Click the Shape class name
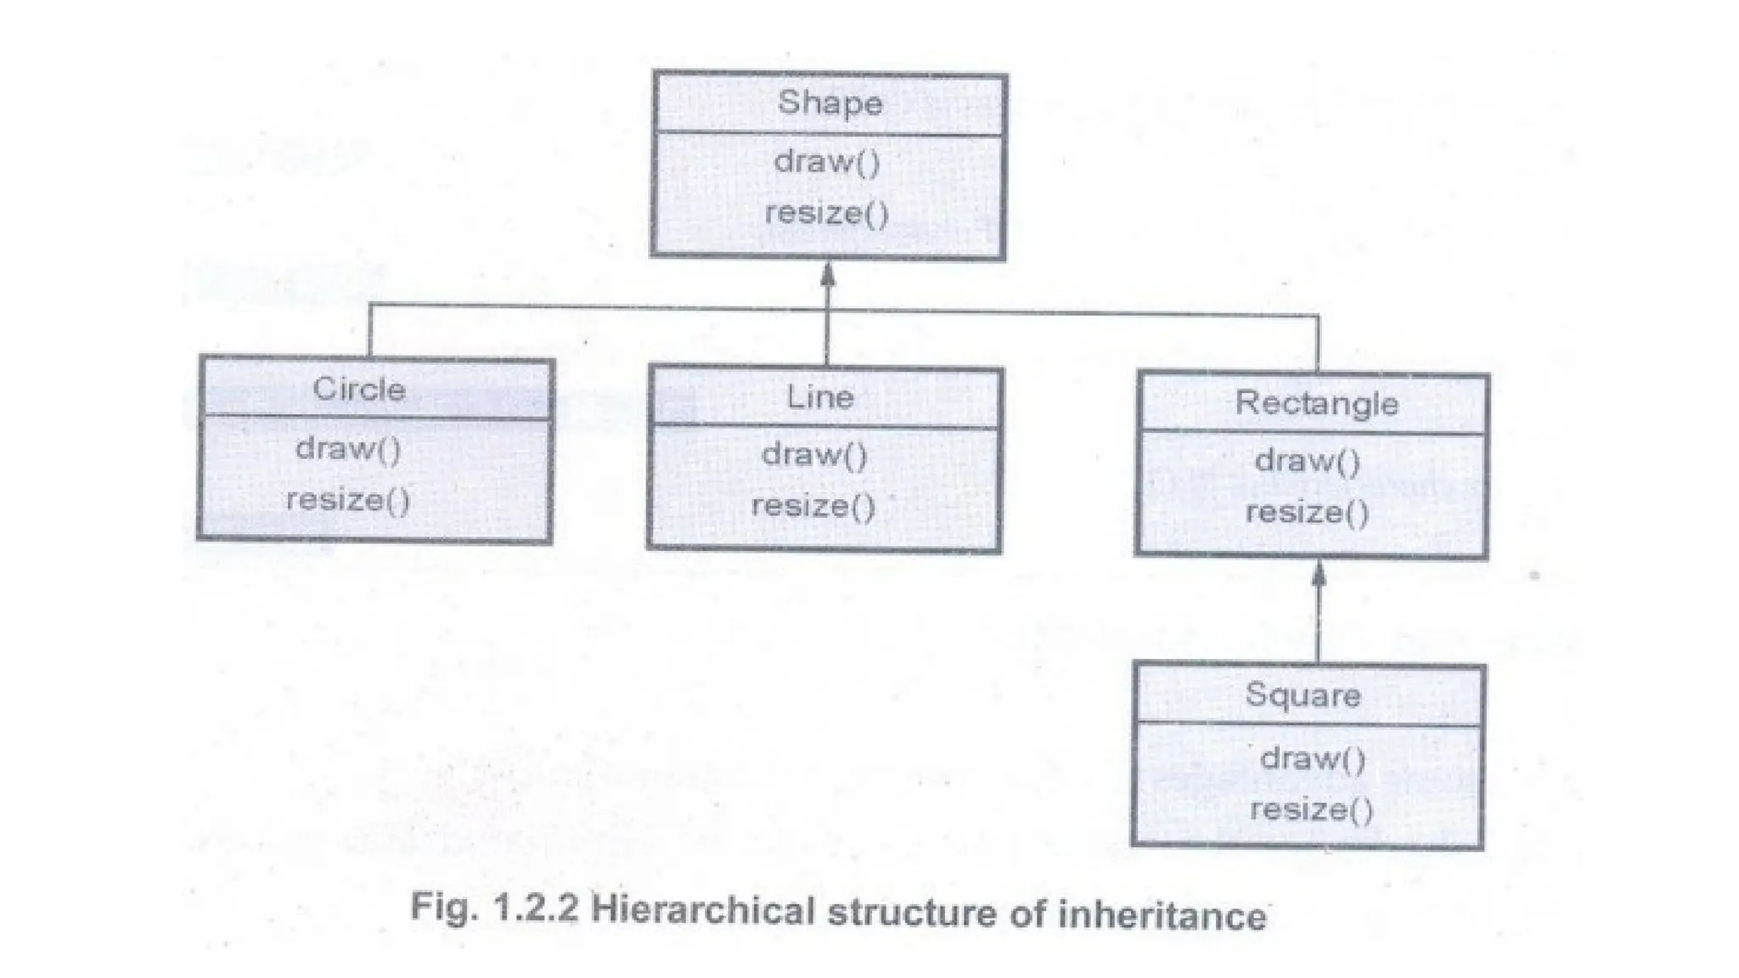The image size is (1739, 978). [830, 104]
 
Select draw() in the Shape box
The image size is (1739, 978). [827, 161]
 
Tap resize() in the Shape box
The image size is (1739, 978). [826, 213]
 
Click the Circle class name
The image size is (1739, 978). [359, 390]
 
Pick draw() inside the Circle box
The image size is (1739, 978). [348, 448]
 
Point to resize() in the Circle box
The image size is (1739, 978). [348, 499]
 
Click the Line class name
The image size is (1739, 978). [819, 397]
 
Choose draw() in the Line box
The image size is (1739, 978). [814, 455]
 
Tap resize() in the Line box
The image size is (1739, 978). [813, 507]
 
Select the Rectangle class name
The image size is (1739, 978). [1316, 403]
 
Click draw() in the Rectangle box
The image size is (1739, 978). [1308, 461]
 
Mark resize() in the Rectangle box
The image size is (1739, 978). [1307, 513]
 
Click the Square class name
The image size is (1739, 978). [1303, 695]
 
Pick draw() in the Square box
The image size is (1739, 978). [1313, 758]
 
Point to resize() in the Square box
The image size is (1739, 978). [1311, 809]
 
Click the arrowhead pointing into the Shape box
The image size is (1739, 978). [828, 275]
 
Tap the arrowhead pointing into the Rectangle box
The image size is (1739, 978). [1318, 575]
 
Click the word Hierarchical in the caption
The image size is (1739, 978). [705, 911]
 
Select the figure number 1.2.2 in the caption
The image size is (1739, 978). [534, 908]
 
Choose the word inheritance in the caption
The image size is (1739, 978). [1162, 916]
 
